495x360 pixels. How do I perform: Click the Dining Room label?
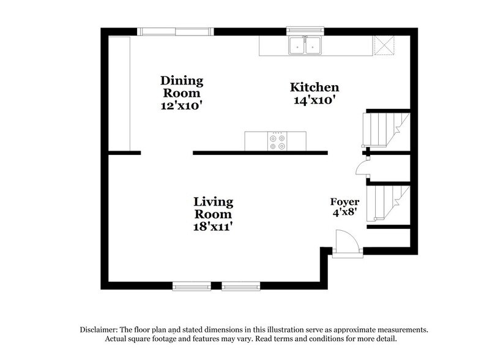182,87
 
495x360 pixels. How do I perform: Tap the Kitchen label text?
314,88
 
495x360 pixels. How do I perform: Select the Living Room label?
213,208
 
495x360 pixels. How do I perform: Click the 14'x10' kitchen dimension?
314,100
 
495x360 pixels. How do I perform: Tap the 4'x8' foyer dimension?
344,214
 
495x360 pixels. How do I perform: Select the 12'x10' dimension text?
182,105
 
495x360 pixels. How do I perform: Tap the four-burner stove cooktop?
277,141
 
